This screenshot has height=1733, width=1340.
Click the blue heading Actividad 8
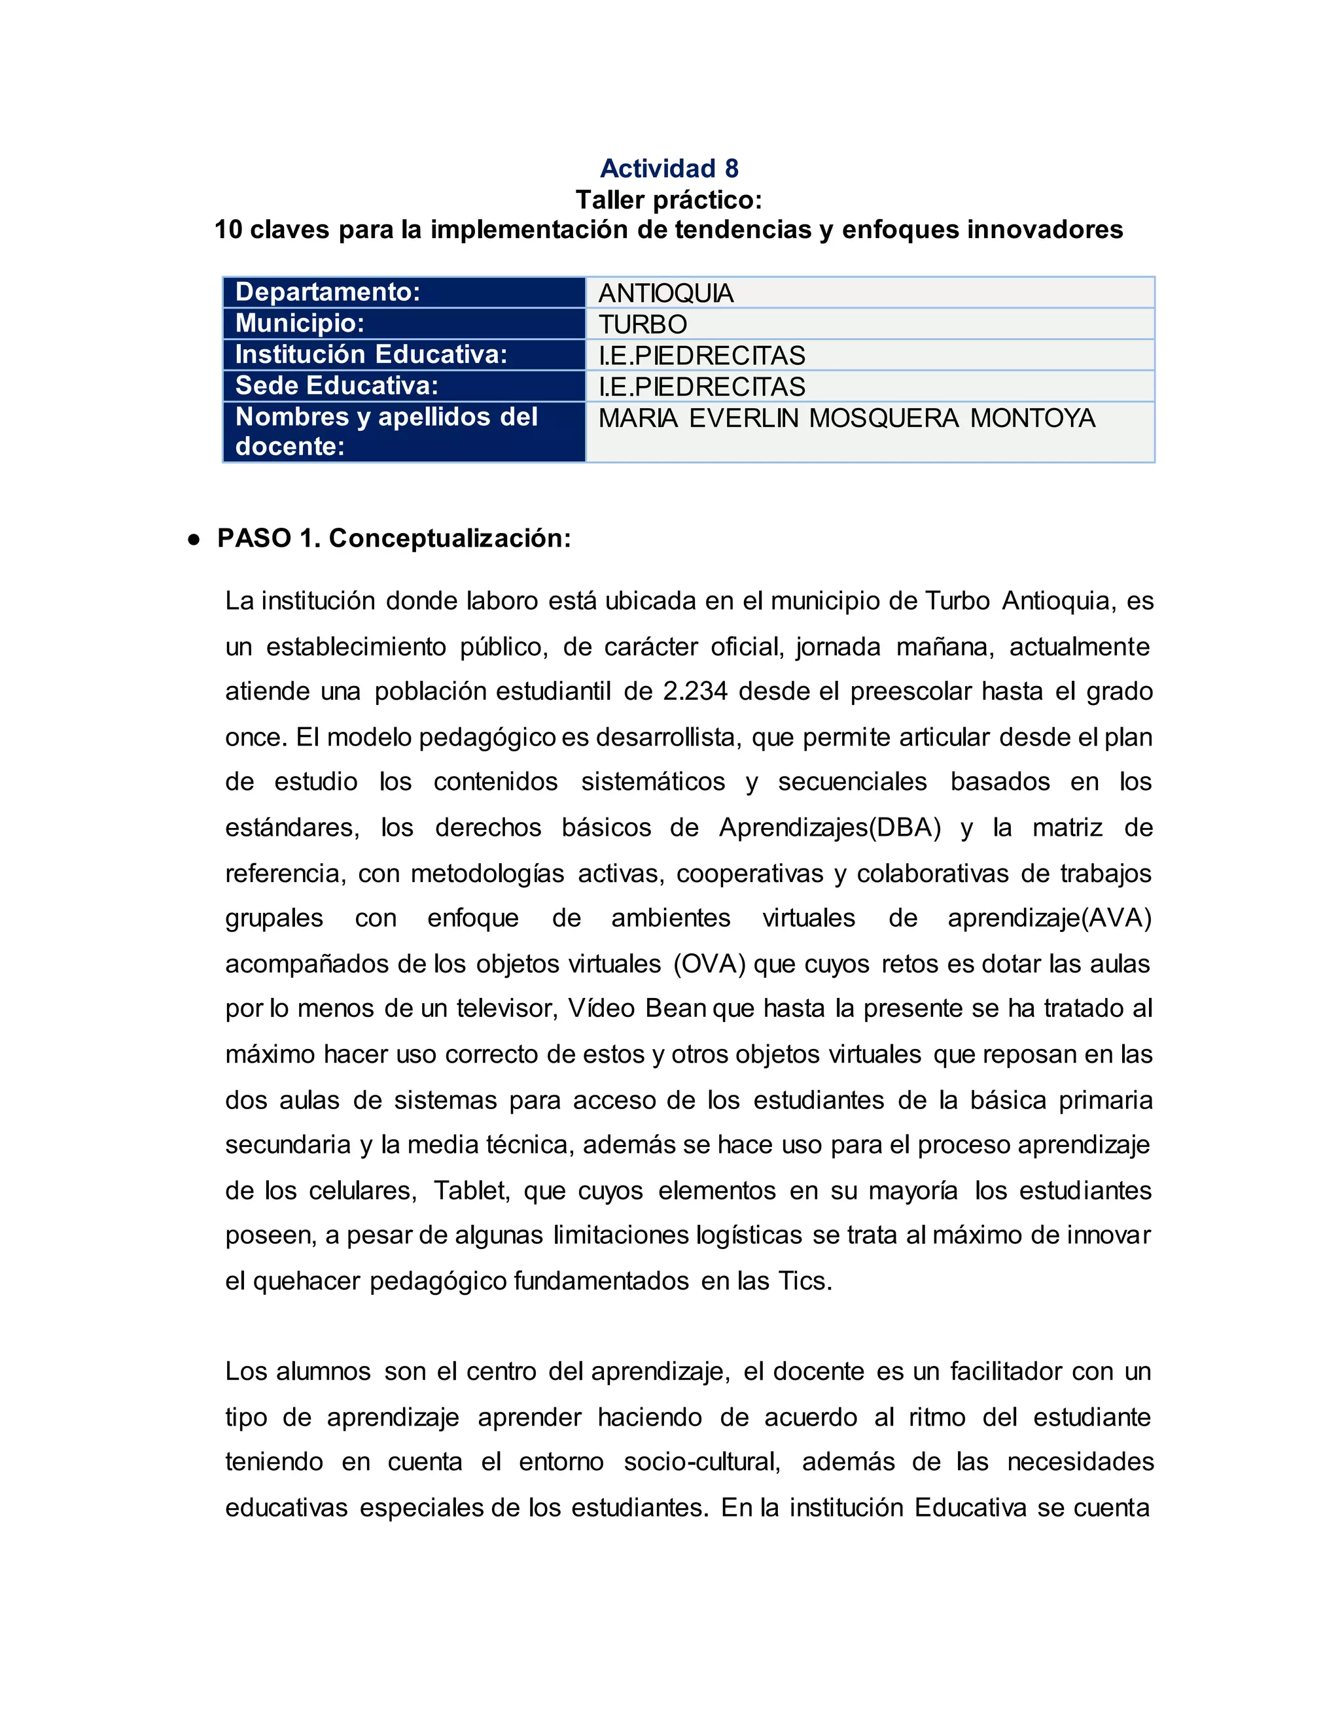pyautogui.click(x=669, y=168)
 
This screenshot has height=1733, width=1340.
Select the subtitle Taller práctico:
pyautogui.click(x=669, y=199)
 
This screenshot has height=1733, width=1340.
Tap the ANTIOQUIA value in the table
pyautogui.click(x=666, y=294)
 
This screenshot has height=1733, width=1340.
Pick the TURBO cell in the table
pyautogui.click(x=643, y=324)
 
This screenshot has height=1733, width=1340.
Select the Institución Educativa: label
pyautogui.click(x=372, y=354)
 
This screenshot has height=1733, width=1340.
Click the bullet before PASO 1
pyautogui.click(x=193, y=540)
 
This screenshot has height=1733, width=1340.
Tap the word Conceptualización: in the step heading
pyautogui.click(x=450, y=539)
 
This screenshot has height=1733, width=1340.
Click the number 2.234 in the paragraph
pyautogui.click(x=696, y=692)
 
